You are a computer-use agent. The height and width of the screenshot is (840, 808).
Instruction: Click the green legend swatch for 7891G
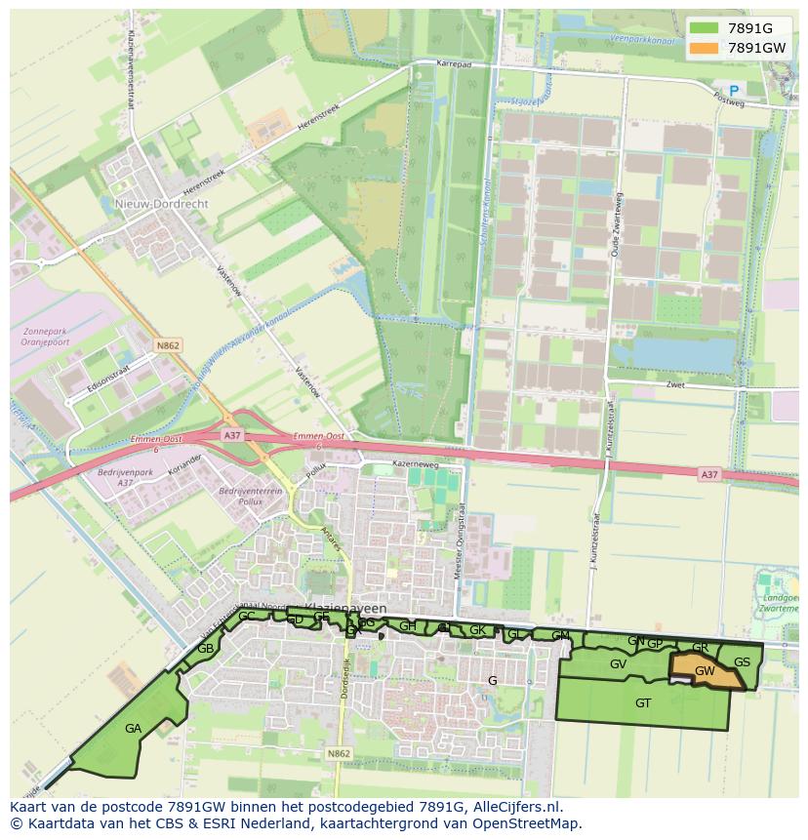pyautogui.click(x=702, y=28)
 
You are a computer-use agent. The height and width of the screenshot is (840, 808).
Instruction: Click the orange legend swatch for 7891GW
pyautogui.click(x=702, y=48)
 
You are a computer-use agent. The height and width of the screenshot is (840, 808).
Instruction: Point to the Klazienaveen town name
pyautogui.click(x=345, y=608)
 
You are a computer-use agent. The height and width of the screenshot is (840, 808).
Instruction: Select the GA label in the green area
pyautogui.click(x=133, y=728)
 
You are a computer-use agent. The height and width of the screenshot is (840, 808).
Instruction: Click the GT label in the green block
pyautogui.click(x=643, y=702)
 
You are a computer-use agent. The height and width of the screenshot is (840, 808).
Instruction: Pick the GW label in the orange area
pyautogui.click(x=705, y=671)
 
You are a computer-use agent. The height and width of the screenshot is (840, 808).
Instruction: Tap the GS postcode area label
pyautogui.click(x=742, y=662)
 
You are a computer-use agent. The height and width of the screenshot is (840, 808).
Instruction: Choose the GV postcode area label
pyautogui.click(x=618, y=664)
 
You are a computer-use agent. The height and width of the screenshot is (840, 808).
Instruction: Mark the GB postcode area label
pyautogui.click(x=205, y=649)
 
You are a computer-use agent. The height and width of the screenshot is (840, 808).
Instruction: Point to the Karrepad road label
pyautogui.click(x=454, y=64)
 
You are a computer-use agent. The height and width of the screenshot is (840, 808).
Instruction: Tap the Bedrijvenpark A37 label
pyautogui.click(x=115, y=477)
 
